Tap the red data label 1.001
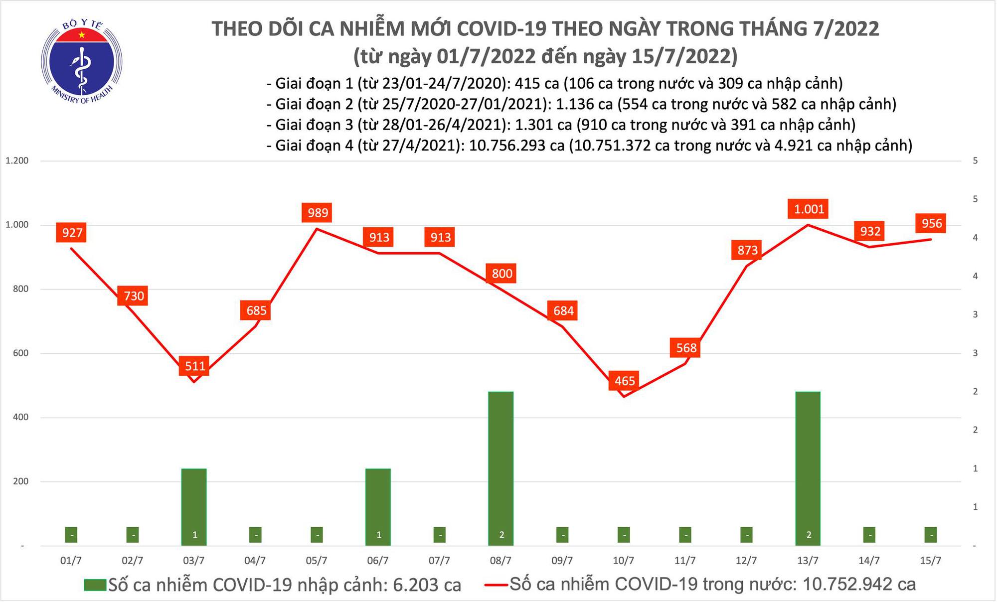click(x=809, y=209)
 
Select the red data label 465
click(x=624, y=381)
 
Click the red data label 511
click(x=195, y=366)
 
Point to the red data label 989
click(x=318, y=213)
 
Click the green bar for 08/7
click(x=501, y=468)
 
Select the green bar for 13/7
click(x=808, y=468)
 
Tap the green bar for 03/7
click(x=194, y=507)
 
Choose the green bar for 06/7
click(x=378, y=507)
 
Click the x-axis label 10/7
click(x=623, y=561)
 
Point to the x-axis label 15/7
click(x=930, y=561)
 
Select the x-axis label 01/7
click(x=71, y=561)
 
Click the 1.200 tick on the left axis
click(x=16, y=161)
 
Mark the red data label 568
click(x=686, y=347)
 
